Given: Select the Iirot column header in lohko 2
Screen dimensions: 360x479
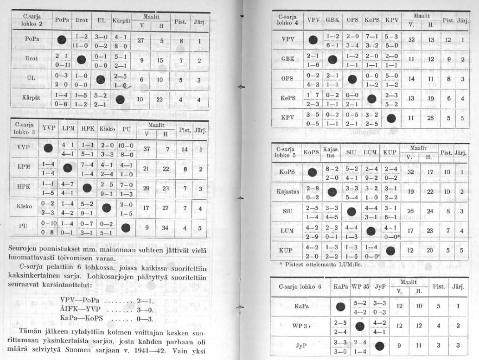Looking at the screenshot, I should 82,21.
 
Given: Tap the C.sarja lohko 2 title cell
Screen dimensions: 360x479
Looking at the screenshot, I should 32,20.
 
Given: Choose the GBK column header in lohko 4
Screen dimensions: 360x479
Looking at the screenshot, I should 332,20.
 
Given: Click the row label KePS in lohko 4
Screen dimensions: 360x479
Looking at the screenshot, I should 288,98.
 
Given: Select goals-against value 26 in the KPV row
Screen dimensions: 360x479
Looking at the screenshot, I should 430,118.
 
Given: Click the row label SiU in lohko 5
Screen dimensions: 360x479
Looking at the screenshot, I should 288,211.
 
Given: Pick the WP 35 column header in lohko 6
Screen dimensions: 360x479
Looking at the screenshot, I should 360,286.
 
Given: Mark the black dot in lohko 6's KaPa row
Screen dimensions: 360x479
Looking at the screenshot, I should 341,306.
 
